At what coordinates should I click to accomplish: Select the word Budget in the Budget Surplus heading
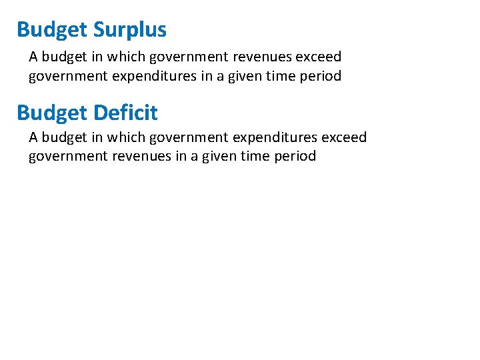[x=52, y=30]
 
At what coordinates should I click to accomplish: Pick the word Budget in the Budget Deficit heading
[x=52, y=113]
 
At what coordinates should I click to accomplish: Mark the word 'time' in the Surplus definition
[x=280, y=76]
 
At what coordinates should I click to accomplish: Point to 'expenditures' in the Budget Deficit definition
[x=275, y=137]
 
